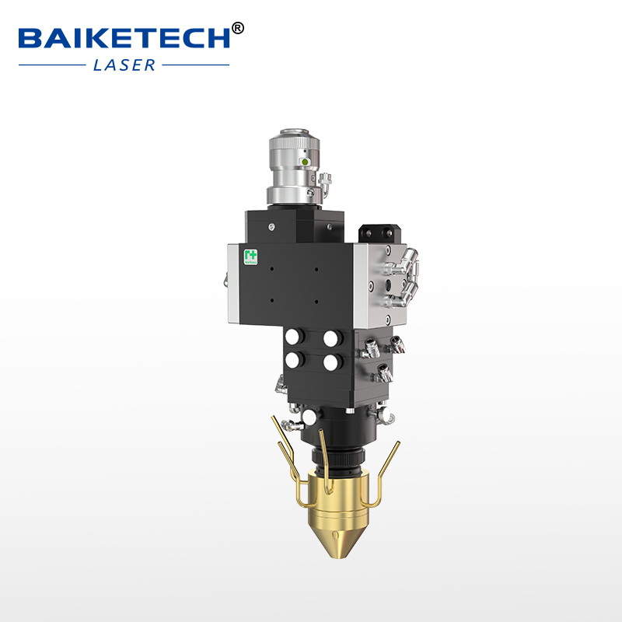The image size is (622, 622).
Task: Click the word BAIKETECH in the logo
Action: click(124, 37)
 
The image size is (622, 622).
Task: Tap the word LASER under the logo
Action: click(124, 65)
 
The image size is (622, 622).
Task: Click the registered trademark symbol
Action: click(238, 28)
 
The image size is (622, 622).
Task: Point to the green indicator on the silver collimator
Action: click(306, 162)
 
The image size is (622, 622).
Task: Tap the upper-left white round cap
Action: click(295, 337)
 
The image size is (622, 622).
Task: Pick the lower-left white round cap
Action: click(295, 360)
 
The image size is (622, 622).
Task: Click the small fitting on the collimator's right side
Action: click(324, 187)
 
